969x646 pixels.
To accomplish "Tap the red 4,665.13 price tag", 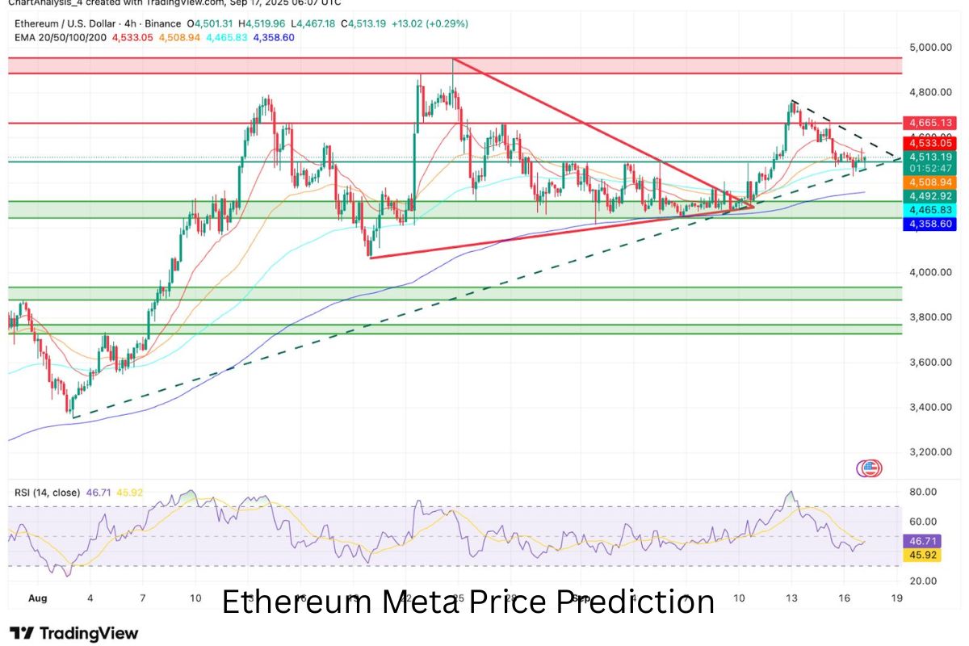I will tap(931, 123).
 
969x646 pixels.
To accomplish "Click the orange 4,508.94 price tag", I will tap(931, 182).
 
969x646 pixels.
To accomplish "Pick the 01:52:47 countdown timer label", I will tap(931, 168).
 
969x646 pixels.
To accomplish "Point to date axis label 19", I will tap(896, 598).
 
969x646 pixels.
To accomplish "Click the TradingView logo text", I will tap(75, 634).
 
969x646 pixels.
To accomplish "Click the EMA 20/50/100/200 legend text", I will tap(60, 37).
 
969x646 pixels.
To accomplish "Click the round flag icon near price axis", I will tap(870, 468).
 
